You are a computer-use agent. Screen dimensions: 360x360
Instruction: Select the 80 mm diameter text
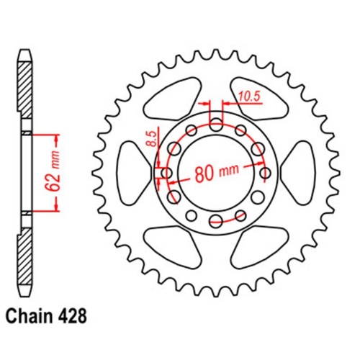pos(217,173)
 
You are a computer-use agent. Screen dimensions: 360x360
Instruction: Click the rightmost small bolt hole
pos(264,173)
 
